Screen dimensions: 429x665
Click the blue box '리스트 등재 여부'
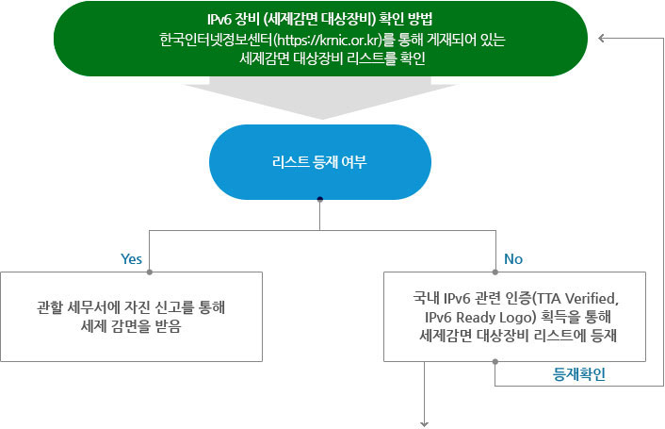[321, 161]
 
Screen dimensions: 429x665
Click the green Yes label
[131, 257]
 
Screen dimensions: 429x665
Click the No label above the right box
[513, 257]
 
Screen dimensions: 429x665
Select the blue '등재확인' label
[578, 373]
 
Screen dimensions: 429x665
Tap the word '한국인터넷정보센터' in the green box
[215, 41]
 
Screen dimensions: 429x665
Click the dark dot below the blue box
[320, 199]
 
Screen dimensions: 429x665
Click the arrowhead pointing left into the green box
[604, 39]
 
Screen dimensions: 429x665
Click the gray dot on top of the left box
[151, 272]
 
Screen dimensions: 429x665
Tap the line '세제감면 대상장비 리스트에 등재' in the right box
[514, 334]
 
